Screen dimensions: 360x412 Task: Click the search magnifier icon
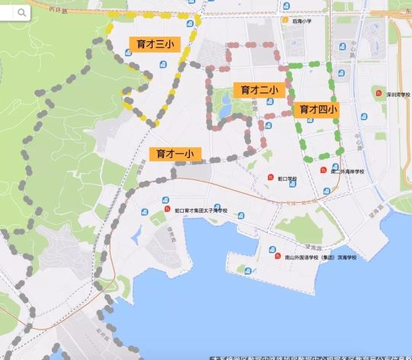(21, 12)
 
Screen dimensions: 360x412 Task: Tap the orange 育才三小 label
(154, 45)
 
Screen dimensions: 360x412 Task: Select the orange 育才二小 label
(259, 90)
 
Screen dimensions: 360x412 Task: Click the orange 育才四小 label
(318, 110)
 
